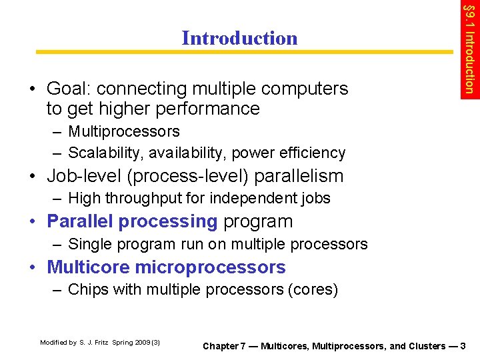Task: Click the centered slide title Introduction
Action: point(239,38)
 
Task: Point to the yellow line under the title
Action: point(243,51)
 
